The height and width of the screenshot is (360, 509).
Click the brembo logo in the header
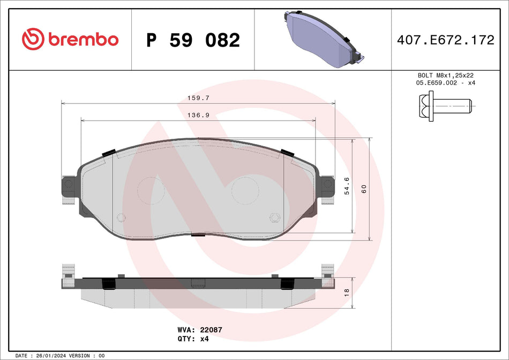[x=70, y=40]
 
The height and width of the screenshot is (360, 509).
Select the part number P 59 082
[x=193, y=40]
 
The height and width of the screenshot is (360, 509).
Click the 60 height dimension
[x=364, y=189]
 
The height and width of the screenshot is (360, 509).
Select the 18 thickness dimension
[x=347, y=293]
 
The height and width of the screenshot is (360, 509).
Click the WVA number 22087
[x=211, y=330]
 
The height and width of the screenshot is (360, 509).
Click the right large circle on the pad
[x=245, y=190]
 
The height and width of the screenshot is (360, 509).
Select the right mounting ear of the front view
[x=326, y=189]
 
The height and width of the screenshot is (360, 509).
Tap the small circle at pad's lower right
[x=275, y=217]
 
